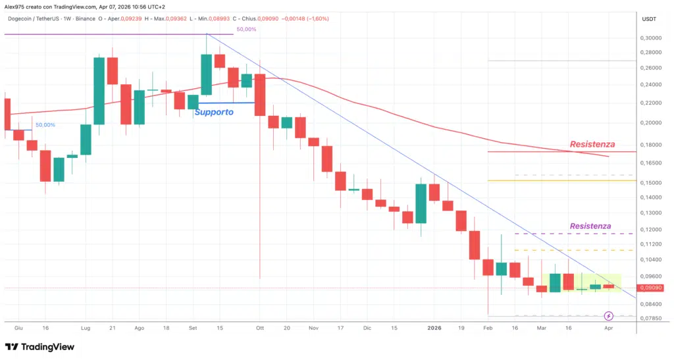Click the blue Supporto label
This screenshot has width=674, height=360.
[213, 113]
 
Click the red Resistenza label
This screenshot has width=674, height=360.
[592, 144]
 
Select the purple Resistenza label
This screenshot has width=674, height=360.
[590, 226]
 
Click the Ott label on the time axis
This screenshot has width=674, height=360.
[259, 327]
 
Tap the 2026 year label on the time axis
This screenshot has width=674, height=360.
[434, 327]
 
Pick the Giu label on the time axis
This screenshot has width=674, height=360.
[18, 327]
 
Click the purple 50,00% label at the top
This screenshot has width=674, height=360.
[246, 30]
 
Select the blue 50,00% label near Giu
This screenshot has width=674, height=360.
[45, 124]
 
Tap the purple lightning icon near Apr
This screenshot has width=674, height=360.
[609, 317]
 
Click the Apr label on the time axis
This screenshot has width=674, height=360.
[608, 327]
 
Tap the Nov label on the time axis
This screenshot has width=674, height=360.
[313, 327]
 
